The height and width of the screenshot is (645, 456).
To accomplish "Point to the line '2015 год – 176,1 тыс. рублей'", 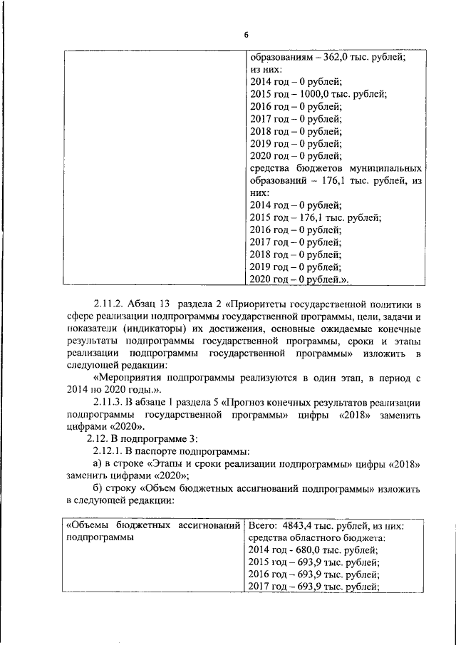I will [x=315, y=217].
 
